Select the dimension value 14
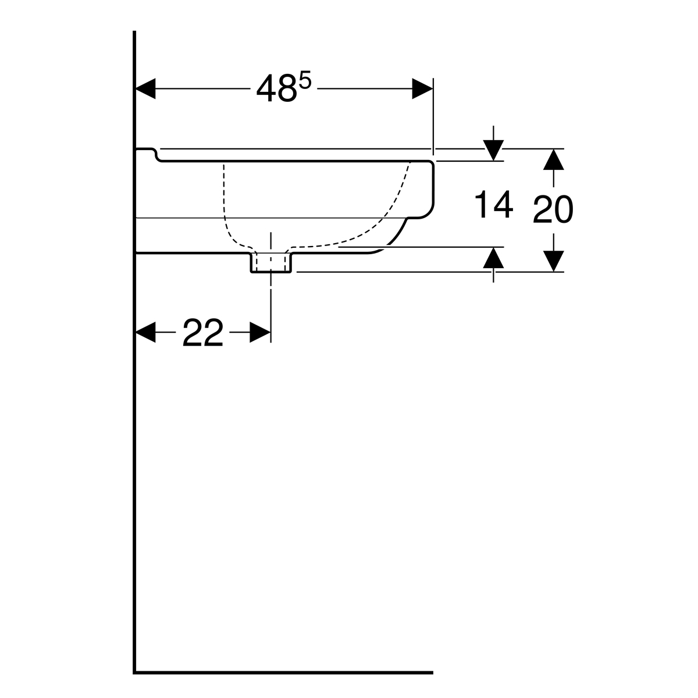494,205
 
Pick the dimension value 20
553,210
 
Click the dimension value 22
203,333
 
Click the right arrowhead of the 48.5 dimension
422,89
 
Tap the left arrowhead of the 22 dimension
146,332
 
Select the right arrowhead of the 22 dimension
260,332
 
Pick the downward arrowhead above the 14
493,151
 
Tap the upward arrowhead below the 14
493,257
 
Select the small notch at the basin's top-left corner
156,155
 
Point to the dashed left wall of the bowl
225,198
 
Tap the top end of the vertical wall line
134,33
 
